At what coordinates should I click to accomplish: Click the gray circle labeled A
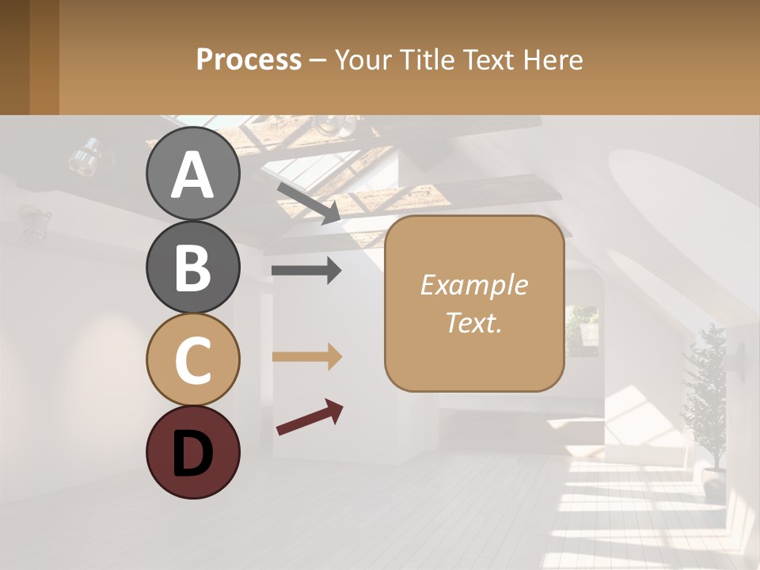point(192,173)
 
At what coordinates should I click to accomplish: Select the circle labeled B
point(192,266)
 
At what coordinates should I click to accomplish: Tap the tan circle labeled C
point(192,359)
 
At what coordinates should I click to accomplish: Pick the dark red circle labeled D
point(192,452)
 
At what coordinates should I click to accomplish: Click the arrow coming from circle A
point(309,203)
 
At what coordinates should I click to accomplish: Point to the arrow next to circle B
point(306,271)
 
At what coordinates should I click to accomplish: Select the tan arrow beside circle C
point(306,357)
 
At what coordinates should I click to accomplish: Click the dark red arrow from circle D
point(310,417)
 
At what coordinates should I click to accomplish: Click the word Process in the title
point(249,59)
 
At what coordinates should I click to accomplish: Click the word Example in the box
point(473,285)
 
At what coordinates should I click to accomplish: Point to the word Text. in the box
point(473,322)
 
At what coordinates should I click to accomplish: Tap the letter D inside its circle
point(192,454)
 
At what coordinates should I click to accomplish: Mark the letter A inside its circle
point(192,175)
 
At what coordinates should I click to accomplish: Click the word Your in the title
point(363,59)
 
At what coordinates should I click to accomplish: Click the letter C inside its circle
point(192,360)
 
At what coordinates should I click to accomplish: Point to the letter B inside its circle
point(192,268)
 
